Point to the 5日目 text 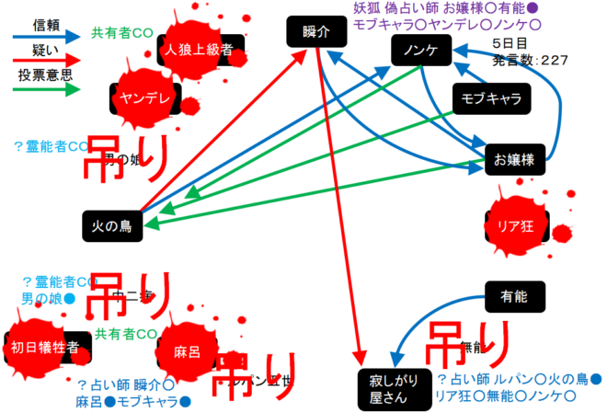click(510, 43)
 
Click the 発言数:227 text click(530, 61)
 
